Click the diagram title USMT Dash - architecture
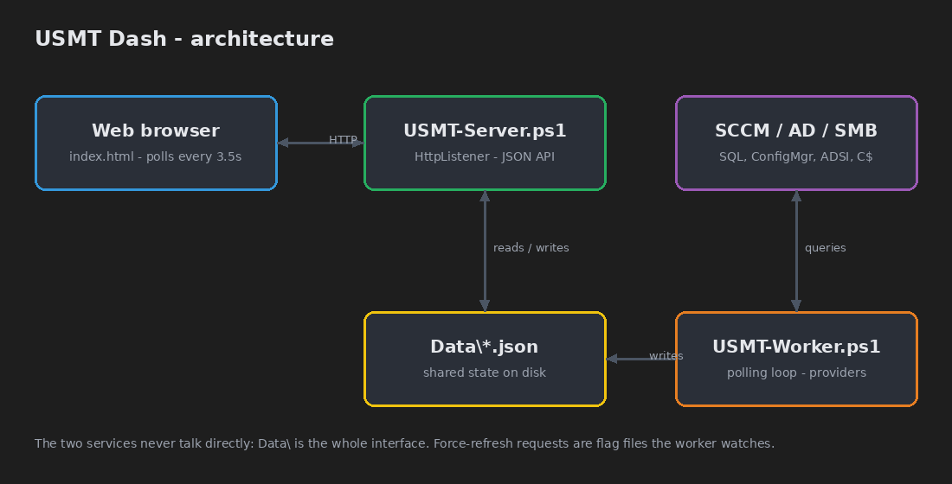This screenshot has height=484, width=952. click(184, 39)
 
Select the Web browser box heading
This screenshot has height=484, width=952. click(156, 131)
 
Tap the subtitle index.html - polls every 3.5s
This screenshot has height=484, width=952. click(156, 156)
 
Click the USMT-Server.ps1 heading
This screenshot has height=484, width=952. click(485, 131)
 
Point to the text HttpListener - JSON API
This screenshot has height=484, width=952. click(485, 156)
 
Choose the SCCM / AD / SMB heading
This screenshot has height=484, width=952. click(796, 131)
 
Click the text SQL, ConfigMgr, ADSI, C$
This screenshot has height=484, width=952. click(796, 156)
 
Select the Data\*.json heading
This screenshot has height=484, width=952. click(485, 347)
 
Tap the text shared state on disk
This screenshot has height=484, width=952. click(485, 373)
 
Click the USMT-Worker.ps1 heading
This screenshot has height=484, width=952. click(796, 347)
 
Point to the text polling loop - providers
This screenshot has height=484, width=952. click(796, 373)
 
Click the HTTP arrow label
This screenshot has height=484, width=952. click(343, 139)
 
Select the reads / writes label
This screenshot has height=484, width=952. click(531, 247)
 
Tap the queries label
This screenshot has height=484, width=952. click(825, 247)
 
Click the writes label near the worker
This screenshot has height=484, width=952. click(666, 355)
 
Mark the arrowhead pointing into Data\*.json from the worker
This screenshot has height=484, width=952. click(611, 359)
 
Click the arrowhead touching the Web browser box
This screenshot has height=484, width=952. click(283, 143)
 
